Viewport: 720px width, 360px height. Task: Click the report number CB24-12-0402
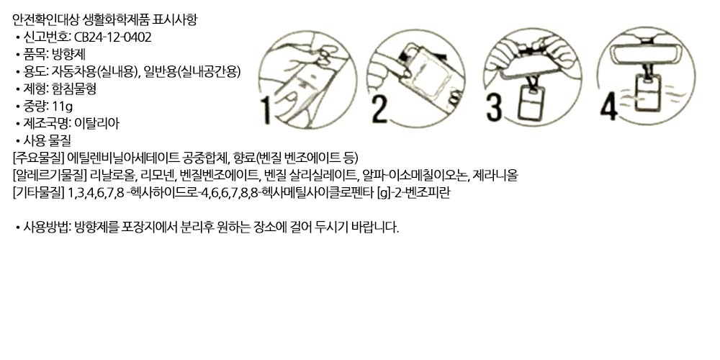112,37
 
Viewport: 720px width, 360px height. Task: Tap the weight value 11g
63,106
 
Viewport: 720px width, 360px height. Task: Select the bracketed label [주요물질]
39,158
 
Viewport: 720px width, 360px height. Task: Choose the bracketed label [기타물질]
39,193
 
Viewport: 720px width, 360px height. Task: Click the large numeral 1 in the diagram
266,109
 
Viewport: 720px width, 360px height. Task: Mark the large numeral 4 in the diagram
609,107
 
